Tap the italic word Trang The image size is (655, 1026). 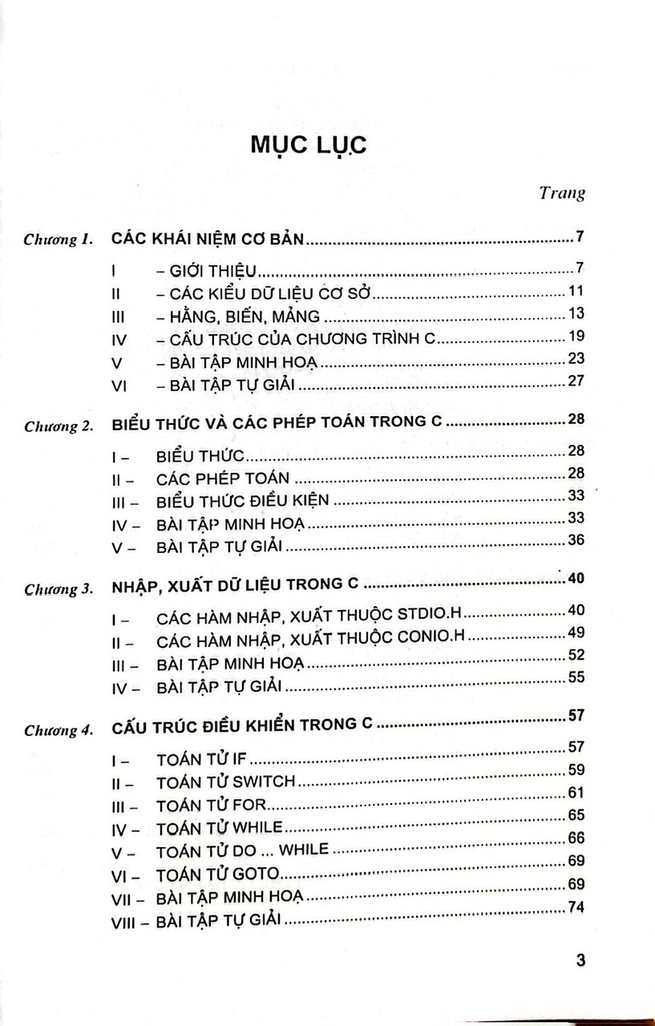point(562,193)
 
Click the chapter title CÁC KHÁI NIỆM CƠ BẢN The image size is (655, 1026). point(210,237)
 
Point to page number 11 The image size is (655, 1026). point(576,290)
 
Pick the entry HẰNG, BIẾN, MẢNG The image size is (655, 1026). point(238,316)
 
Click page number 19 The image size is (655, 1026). point(576,336)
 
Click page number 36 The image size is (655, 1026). point(576,539)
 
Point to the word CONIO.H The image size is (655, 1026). point(431,637)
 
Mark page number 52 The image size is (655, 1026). point(576,655)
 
